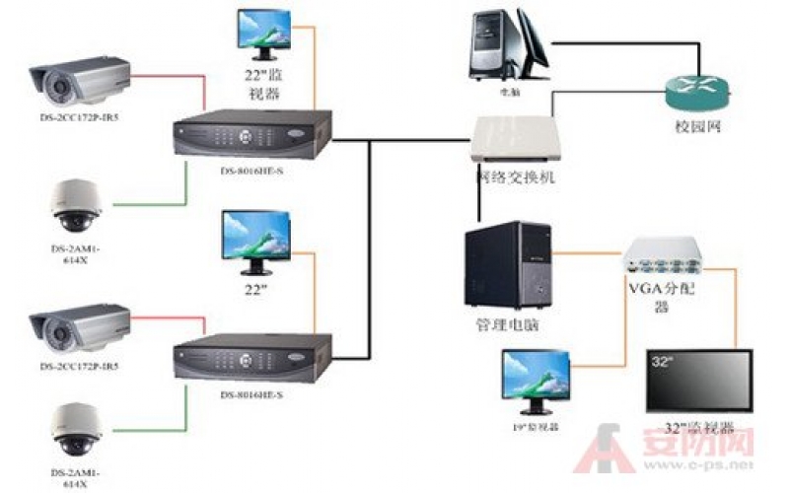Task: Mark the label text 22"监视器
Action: (261, 83)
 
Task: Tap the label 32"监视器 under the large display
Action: (699, 427)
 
